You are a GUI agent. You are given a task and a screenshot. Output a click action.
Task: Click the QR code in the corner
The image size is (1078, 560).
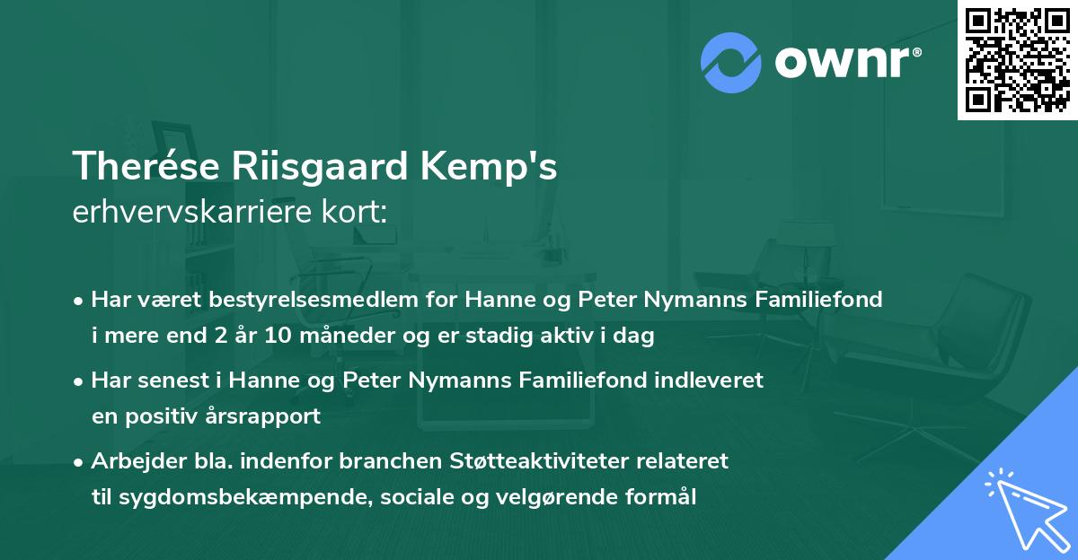pos(1017,59)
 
